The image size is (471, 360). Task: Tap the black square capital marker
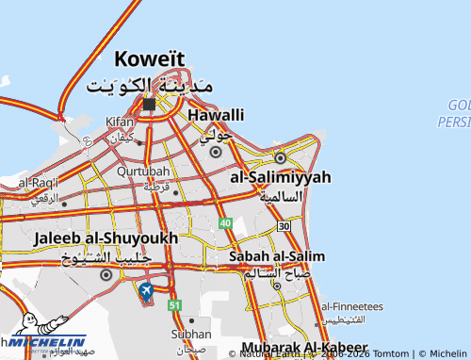click(x=149, y=105)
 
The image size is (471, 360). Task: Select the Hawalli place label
click(x=216, y=115)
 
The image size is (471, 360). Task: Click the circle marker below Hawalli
click(x=216, y=152)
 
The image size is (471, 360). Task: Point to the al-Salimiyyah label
click(x=281, y=177)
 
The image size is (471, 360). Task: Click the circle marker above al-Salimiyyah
click(x=280, y=157)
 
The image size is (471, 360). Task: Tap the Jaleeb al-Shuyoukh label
click(x=106, y=238)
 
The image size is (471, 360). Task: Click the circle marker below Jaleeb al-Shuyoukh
click(x=106, y=275)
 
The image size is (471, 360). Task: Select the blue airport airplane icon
click(x=146, y=291)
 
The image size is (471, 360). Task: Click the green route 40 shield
click(x=225, y=222)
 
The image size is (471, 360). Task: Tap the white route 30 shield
click(x=284, y=226)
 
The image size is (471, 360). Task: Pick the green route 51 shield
click(x=174, y=305)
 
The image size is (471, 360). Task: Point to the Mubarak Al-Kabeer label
click(x=304, y=348)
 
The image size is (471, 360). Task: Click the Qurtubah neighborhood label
click(x=143, y=172)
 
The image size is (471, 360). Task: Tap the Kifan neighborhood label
click(x=120, y=123)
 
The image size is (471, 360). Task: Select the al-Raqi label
click(x=38, y=182)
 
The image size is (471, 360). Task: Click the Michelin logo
click(x=47, y=346)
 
